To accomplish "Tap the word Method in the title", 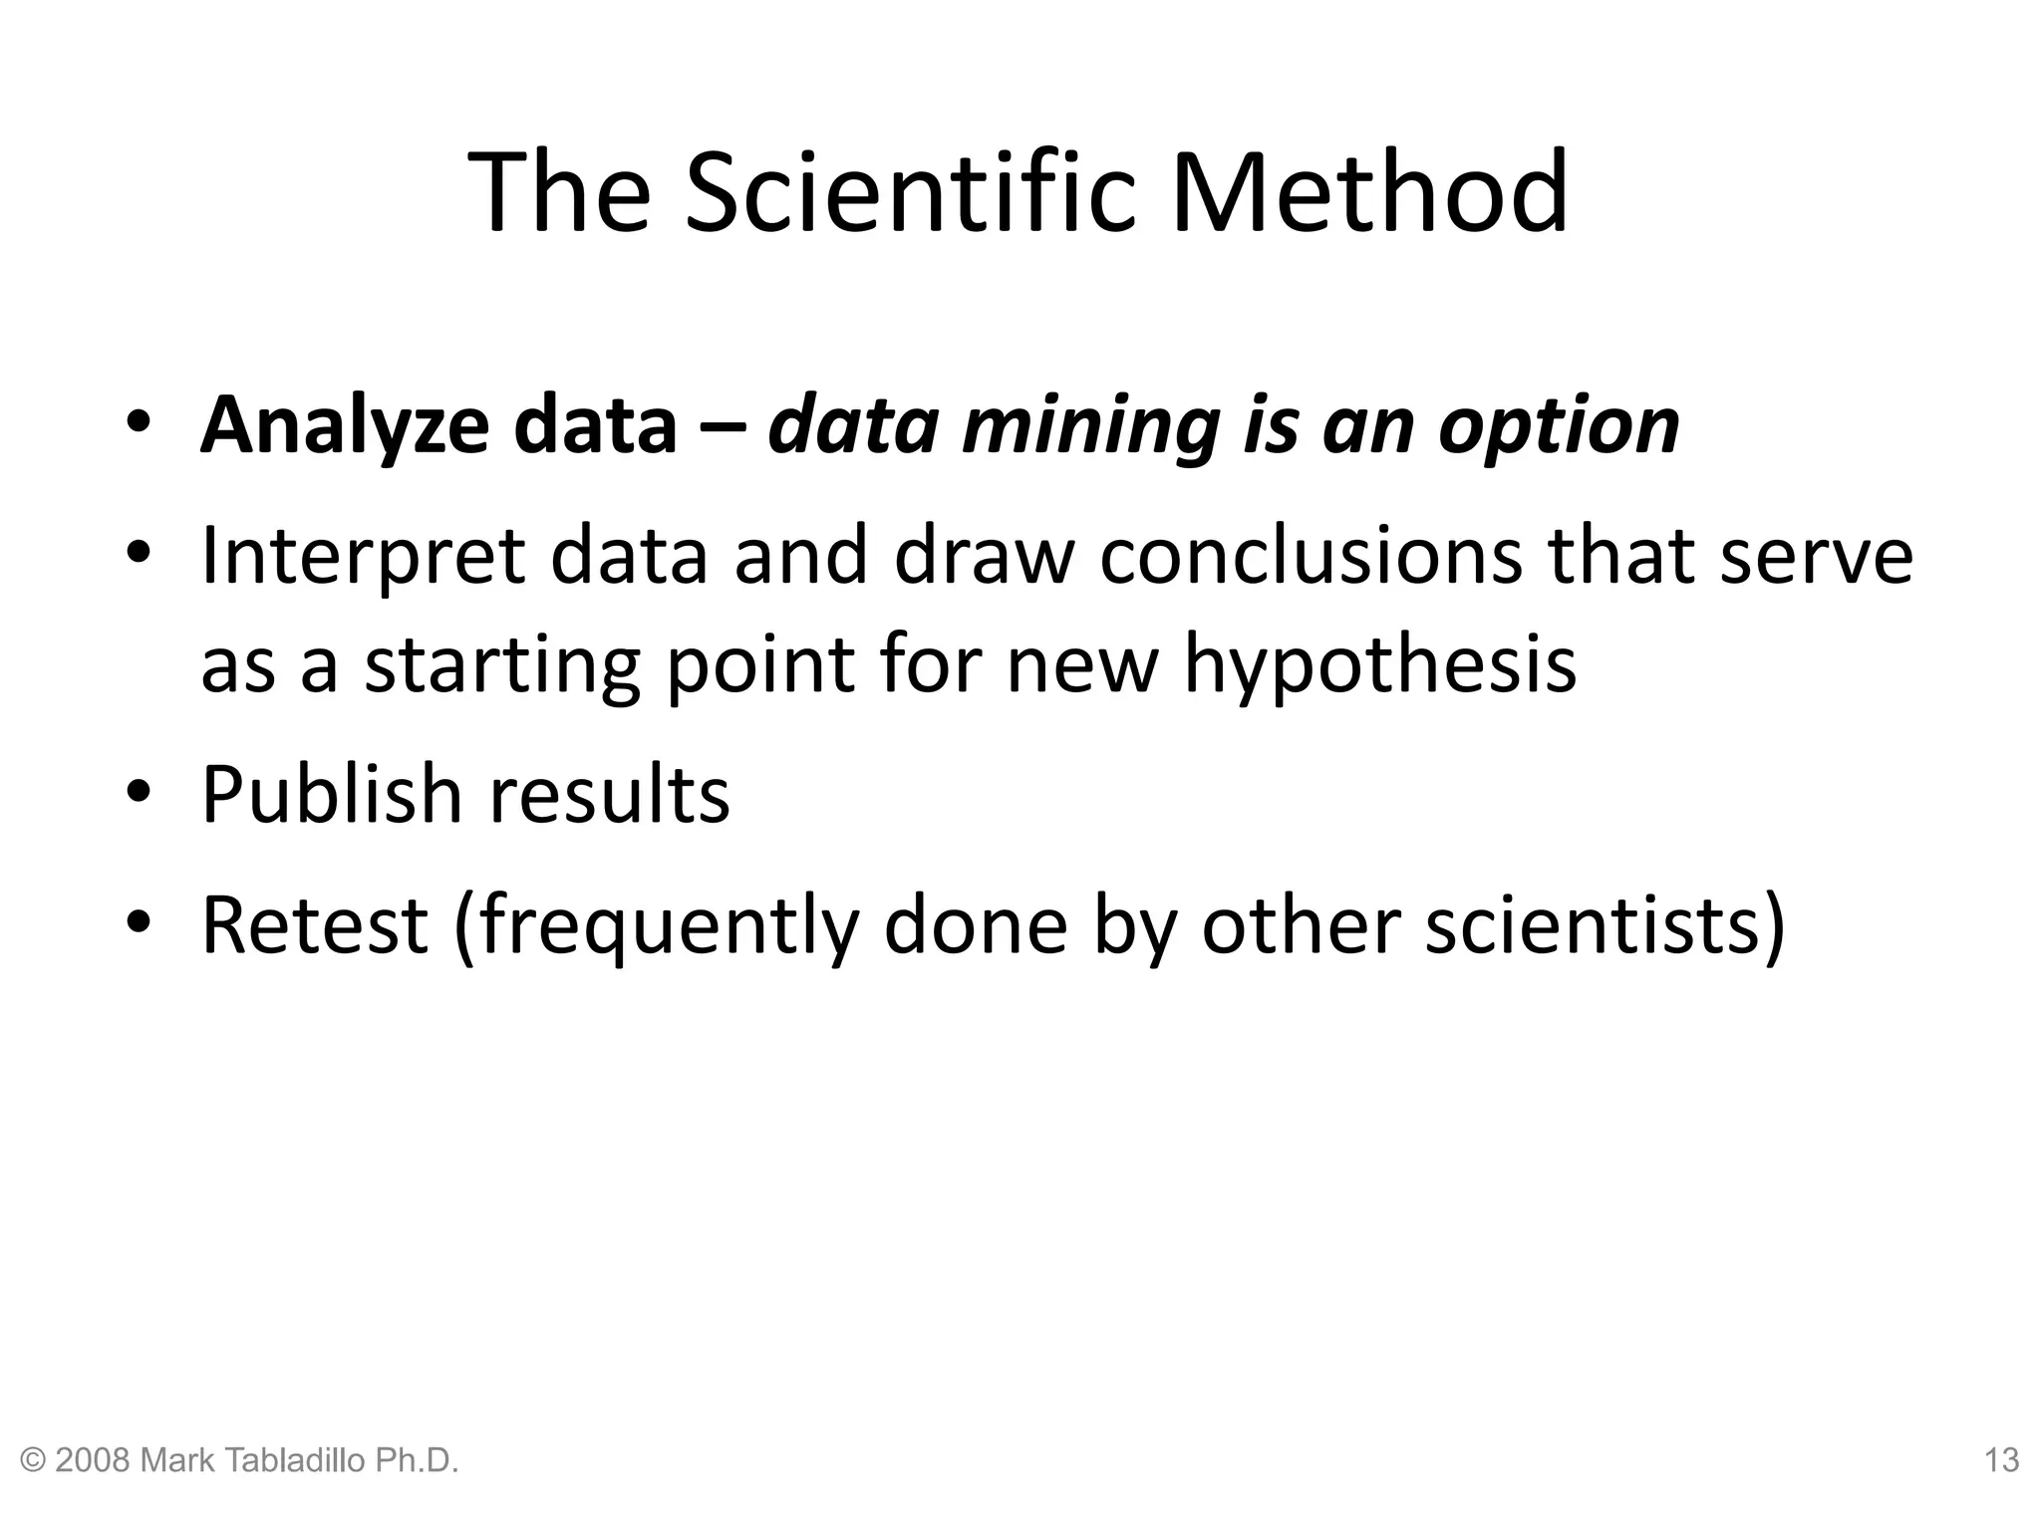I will (1369, 191).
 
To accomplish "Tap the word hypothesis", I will (1380, 665).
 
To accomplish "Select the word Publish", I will (332, 795).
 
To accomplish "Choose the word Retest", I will (315, 924).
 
